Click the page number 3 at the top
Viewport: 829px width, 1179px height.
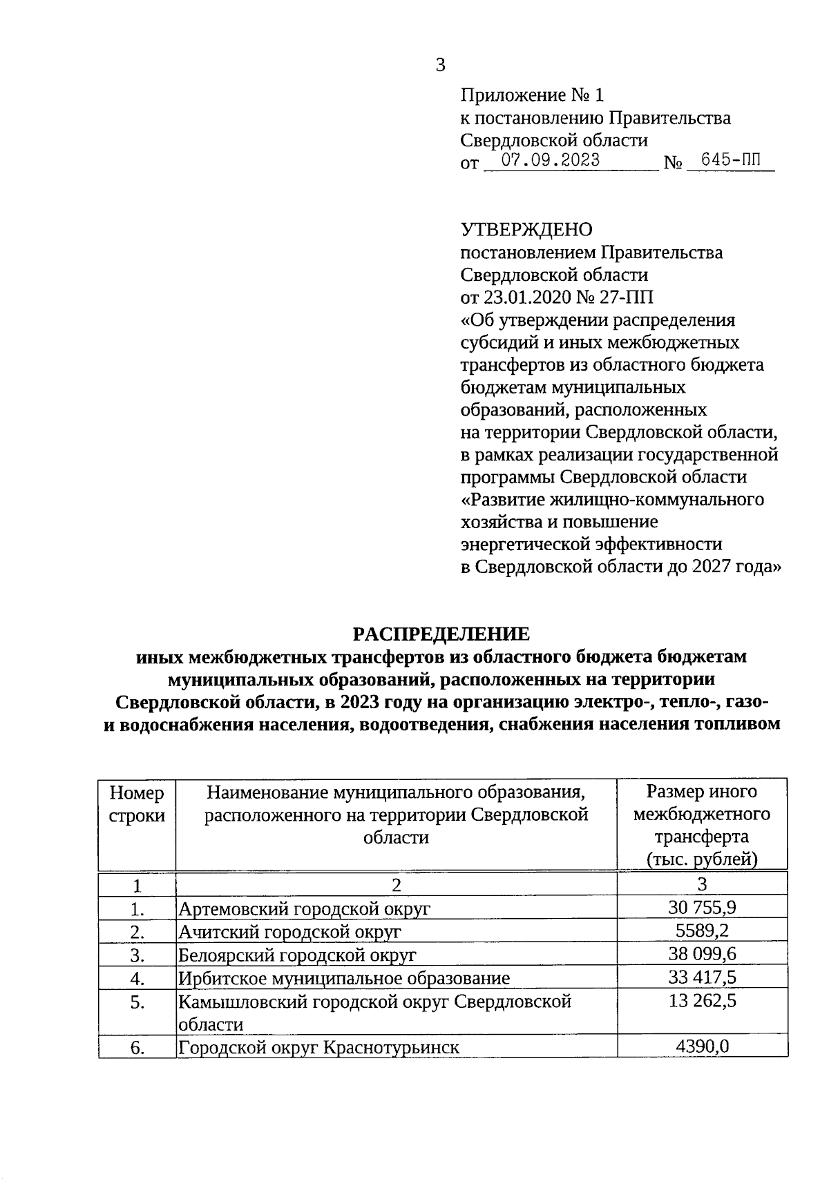pyautogui.click(x=440, y=66)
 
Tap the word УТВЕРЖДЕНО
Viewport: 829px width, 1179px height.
pyautogui.click(x=526, y=229)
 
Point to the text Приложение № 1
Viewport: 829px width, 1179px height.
pyautogui.click(x=532, y=95)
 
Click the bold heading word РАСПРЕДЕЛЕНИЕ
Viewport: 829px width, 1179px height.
pyautogui.click(x=441, y=634)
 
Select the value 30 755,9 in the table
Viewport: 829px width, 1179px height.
pyautogui.click(x=702, y=907)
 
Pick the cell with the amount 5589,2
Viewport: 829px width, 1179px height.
pyautogui.click(x=702, y=930)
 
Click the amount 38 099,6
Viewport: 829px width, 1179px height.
pyautogui.click(x=702, y=954)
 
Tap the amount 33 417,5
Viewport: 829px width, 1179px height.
pyautogui.click(x=702, y=977)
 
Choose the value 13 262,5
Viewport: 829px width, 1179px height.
pyautogui.click(x=702, y=1001)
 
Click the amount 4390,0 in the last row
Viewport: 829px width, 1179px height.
pyautogui.click(x=702, y=1047)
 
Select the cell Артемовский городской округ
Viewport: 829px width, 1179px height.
pyautogui.click(x=304, y=908)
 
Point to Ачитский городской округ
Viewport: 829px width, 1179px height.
pyautogui.click(x=289, y=932)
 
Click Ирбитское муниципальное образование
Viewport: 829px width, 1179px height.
pyautogui.click(x=344, y=978)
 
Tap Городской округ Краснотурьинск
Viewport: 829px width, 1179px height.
pyautogui.click(x=318, y=1048)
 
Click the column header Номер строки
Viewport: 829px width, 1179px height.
pyautogui.click(x=137, y=803)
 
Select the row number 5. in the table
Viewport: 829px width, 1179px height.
pyautogui.click(x=137, y=1002)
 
